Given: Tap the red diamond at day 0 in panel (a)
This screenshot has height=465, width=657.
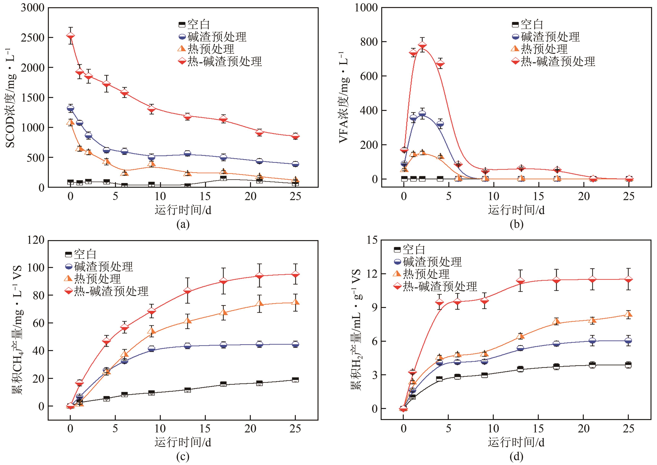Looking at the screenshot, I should coord(71,36).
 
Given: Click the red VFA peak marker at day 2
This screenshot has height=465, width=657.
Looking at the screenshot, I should coord(422,46).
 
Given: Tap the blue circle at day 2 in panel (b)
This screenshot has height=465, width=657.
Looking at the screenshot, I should coord(422,114).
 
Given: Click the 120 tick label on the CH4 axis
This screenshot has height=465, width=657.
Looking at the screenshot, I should coord(36,240).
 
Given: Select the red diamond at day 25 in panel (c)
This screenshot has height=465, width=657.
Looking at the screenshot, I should coord(295,274).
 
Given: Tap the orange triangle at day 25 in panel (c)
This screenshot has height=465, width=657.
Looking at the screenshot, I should coord(295,302).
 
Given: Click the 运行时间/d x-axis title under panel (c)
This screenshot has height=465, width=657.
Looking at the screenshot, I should coord(183,442).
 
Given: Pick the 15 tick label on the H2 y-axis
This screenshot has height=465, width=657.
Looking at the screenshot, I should coord(372,240).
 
